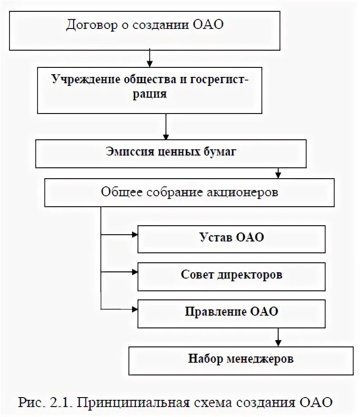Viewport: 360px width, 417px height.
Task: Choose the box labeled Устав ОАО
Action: click(x=231, y=239)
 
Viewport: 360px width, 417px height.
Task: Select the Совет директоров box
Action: click(x=231, y=275)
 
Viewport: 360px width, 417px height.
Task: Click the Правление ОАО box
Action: click(x=231, y=312)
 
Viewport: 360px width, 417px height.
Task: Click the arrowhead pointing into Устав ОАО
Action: click(x=134, y=235)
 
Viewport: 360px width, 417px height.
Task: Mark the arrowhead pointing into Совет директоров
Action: click(x=134, y=272)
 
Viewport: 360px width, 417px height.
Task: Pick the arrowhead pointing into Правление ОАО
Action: click(x=134, y=309)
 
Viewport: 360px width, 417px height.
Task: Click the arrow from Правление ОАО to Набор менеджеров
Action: click(x=278, y=337)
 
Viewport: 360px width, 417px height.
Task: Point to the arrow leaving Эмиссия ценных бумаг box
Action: click(x=278, y=173)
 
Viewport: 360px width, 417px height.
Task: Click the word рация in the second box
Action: click(x=152, y=95)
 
